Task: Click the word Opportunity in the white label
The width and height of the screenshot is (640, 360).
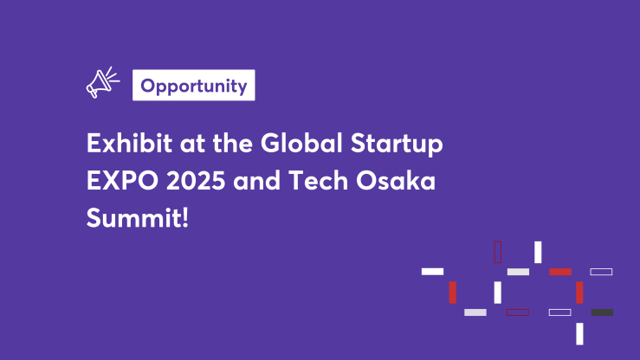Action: click(194, 86)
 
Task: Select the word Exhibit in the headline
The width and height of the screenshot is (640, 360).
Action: click(129, 143)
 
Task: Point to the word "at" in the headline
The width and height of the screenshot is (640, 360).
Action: click(192, 145)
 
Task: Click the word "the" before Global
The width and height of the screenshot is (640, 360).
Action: click(233, 143)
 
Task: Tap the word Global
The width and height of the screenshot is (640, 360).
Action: click(301, 143)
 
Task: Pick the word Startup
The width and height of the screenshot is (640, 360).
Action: click(397, 144)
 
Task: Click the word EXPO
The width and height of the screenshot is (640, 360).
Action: click(122, 180)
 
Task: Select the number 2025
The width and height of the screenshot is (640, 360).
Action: click(196, 180)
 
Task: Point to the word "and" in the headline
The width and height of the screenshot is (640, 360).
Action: click(256, 180)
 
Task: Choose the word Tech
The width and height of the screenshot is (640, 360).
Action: click(319, 180)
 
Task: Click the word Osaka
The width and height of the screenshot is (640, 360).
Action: click(396, 180)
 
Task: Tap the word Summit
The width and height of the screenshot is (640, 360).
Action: click(134, 217)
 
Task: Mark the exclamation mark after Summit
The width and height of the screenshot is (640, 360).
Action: click(185, 217)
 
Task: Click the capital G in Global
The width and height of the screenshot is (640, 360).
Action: click(273, 143)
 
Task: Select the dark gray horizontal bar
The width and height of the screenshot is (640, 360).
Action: click(602, 312)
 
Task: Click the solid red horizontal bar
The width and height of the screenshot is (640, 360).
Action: click(560, 272)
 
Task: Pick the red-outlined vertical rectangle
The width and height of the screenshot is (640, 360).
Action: click(498, 252)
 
